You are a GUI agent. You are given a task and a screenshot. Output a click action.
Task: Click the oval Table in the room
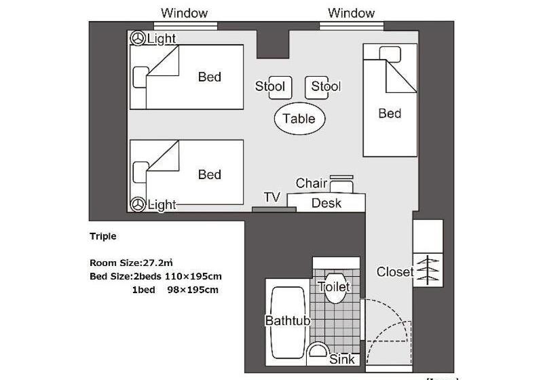pos(299,119)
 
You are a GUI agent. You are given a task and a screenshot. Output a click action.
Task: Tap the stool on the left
pos(280,88)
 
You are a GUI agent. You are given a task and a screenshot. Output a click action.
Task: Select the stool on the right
pos(316,88)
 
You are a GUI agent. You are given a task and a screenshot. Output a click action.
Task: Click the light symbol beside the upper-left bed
pos(138,38)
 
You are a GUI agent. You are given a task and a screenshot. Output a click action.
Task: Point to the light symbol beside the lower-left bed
pos(138,204)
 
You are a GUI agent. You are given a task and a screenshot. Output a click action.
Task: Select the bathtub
pos(288,322)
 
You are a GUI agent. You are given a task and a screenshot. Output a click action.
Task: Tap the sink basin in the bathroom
pos(318,350)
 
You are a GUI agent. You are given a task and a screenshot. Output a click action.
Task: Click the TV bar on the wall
pos(274,210)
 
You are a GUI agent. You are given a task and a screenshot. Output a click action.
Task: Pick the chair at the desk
pos(341,184)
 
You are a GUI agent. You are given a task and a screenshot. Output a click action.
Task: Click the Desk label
pos(326,203)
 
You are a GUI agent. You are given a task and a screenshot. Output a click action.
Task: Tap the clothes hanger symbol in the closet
pos(428,270)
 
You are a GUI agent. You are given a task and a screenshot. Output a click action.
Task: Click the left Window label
pos(184,13)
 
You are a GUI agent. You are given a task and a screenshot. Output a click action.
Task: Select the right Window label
pos(351,13)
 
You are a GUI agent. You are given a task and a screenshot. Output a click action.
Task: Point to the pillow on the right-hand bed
pos(390,54)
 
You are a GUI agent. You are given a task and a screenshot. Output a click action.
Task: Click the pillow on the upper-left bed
pos(141,77)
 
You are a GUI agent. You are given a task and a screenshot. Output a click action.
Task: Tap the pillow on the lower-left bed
pos(141,172)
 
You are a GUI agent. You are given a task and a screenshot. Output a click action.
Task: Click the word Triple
pos(103,236)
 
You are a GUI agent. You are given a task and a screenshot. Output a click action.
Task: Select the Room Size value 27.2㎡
pos(158,263)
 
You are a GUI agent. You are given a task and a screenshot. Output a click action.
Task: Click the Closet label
pos(395,272)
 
